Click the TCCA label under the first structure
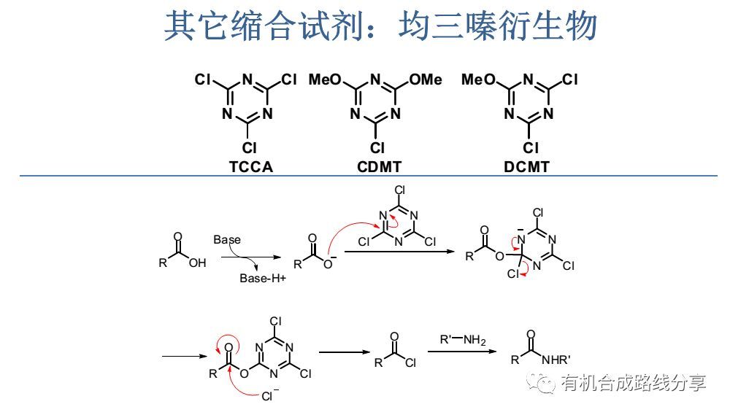click(250, 167)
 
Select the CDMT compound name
click(379, 167)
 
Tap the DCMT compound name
click(526, 167)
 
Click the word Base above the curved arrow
click(227, 239)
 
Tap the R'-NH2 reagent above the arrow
click(462, 340)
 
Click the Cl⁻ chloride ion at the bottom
click(271, 397)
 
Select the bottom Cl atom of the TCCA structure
click(250, 148)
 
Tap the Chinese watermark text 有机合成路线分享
click(633, 382)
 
